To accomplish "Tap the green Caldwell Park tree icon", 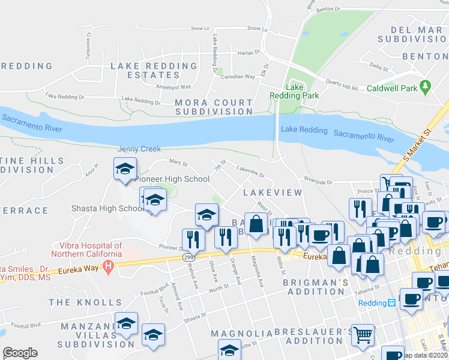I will click(426, 87).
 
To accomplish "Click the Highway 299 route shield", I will click(187, 257).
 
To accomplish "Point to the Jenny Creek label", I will click(139, 149).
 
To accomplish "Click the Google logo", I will click(20, 353).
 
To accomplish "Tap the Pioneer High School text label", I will click(172, 179).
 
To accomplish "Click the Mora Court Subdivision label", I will click(214, 107).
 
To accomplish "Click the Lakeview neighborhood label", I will click(272, 193).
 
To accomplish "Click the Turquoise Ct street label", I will click(88, 46).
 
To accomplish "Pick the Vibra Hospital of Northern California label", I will click(91, 249).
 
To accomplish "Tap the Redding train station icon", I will click(391, 303).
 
